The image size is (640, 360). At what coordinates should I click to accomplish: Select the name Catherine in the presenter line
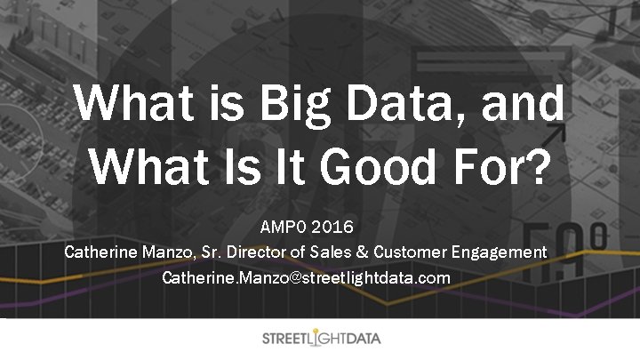coord(101,253)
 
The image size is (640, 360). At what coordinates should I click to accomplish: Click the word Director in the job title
coord(258,253)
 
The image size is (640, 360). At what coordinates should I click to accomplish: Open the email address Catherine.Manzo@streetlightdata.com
coord(307,278)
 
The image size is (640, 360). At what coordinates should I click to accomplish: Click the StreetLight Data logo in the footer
coord(320,339)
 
